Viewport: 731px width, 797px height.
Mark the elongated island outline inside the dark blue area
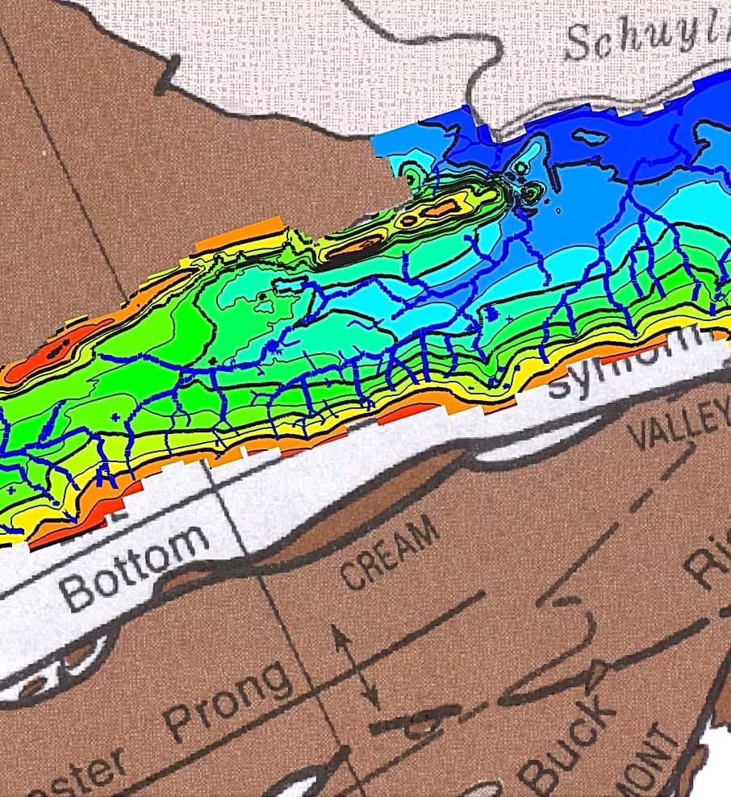click(594, 138)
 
